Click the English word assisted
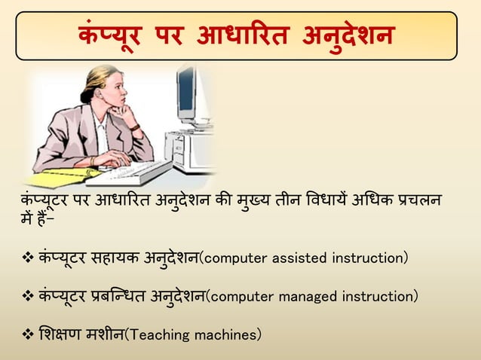click(x=295, y=258)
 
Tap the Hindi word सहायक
click(x=109, y=258)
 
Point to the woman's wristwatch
click(x=135, y=127)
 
